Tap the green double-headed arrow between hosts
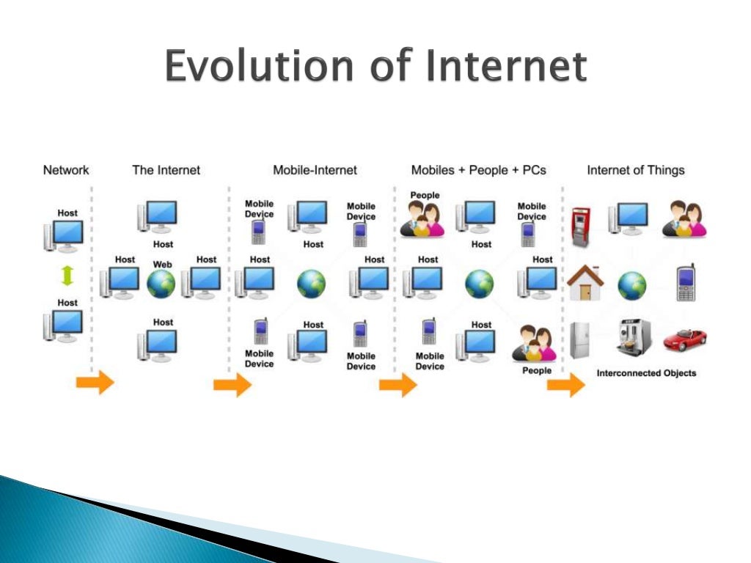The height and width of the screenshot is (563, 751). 67,276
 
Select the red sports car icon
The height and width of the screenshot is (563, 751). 685,339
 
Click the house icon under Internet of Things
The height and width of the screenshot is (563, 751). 585,282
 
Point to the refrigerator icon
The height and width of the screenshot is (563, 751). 580,339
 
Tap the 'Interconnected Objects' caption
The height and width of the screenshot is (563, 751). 646,373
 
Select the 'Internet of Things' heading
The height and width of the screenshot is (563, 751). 635,170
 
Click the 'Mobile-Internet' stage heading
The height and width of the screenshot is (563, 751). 315,170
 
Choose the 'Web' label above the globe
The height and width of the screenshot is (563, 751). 162,264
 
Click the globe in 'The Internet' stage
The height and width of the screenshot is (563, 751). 161,285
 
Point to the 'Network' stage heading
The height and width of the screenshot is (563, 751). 66,170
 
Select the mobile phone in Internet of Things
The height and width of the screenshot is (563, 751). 686,283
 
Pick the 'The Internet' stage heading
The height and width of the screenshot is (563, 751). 166,170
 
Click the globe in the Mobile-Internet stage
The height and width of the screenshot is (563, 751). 312,284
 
